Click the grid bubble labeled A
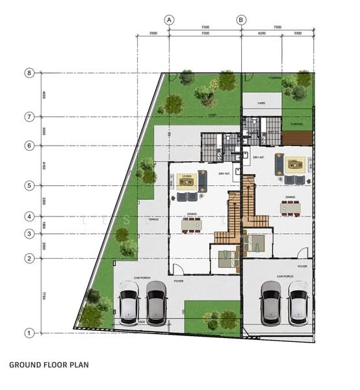[x=169, y=20]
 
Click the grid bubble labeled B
[x=241, y=20]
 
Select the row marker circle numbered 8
[x=29, y=73]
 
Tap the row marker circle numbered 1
[x=29, y=333]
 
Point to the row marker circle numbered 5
[x=29, y=186]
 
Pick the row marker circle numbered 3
[x=29, y=233]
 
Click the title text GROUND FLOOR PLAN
[x=49, y=365]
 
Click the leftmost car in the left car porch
[x=129, y=307]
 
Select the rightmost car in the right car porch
[x=298, y=302]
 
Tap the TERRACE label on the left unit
[x=153, y=220]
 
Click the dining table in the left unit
[x=192, y=225]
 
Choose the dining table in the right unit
[x=291, y=207]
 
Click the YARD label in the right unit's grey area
[x=261, y=103]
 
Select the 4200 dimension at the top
[x=261, y=32]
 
